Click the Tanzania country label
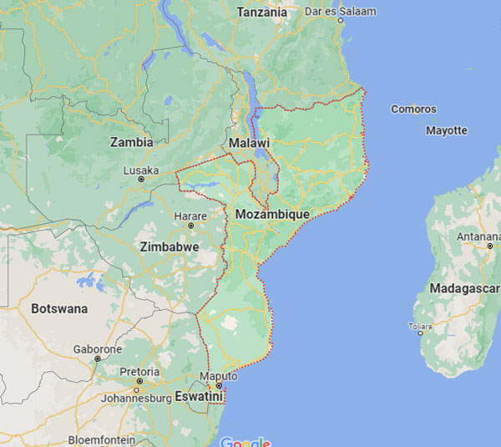(x=262, y=13)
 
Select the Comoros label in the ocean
(x=413, y=109)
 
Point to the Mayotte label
(x=447, y=130)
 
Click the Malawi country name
(x=248, y=143)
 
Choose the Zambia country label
(x=132, y=142)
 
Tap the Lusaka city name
(x=140, y=170)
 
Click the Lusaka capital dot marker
(x=140, y=179)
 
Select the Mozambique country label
(x=272, y=215)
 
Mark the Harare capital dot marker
(x=190, y=226)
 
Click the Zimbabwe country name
(x=170, y=247)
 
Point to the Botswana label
(x=59, y=308)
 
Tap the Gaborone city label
(x=98, y=349)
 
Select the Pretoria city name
(x=139, y=372)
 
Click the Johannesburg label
(x=137, y=398)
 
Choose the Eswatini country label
(x=199, y=397)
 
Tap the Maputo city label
(x=221, y=376)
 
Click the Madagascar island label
(x=464, y=288)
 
